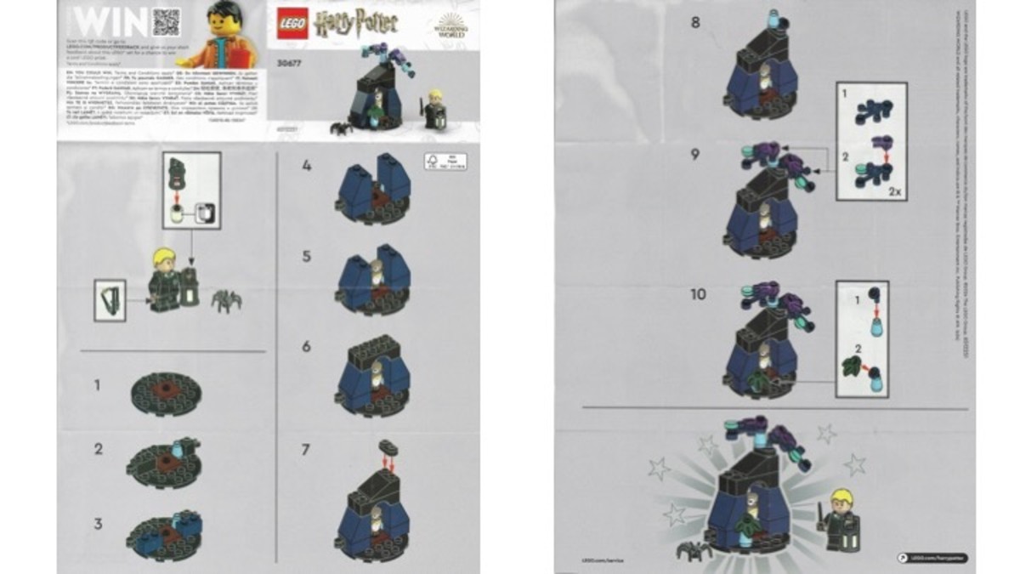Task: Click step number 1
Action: point(98,385)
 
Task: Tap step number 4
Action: point(307,167)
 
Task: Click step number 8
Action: point(695,22)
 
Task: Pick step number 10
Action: point(697,294)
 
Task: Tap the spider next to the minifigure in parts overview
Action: point(226,300)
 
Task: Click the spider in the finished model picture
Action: point(693,551)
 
